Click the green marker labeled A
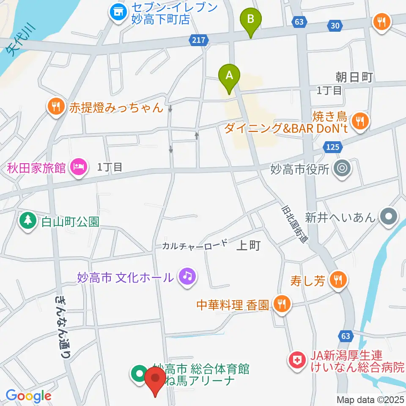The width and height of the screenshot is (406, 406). click(x=229, y=76)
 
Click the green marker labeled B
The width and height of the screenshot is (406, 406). click(x=251, y=20)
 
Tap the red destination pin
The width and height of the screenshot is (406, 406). click(x=155, y=379)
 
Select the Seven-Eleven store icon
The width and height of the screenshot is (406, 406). click(x=118, y=12)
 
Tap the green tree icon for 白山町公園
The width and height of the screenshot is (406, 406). click(x=28, y=220)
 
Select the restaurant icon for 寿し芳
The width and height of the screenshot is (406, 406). click(x=339, y=280)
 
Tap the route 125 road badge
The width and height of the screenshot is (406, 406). click(x=332, y=147)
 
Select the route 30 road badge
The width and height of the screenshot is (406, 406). click(x=335, y=26)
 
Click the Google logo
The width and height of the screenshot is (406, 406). click(x=28, y=396)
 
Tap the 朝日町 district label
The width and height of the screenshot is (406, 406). click(x=354, y=77)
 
